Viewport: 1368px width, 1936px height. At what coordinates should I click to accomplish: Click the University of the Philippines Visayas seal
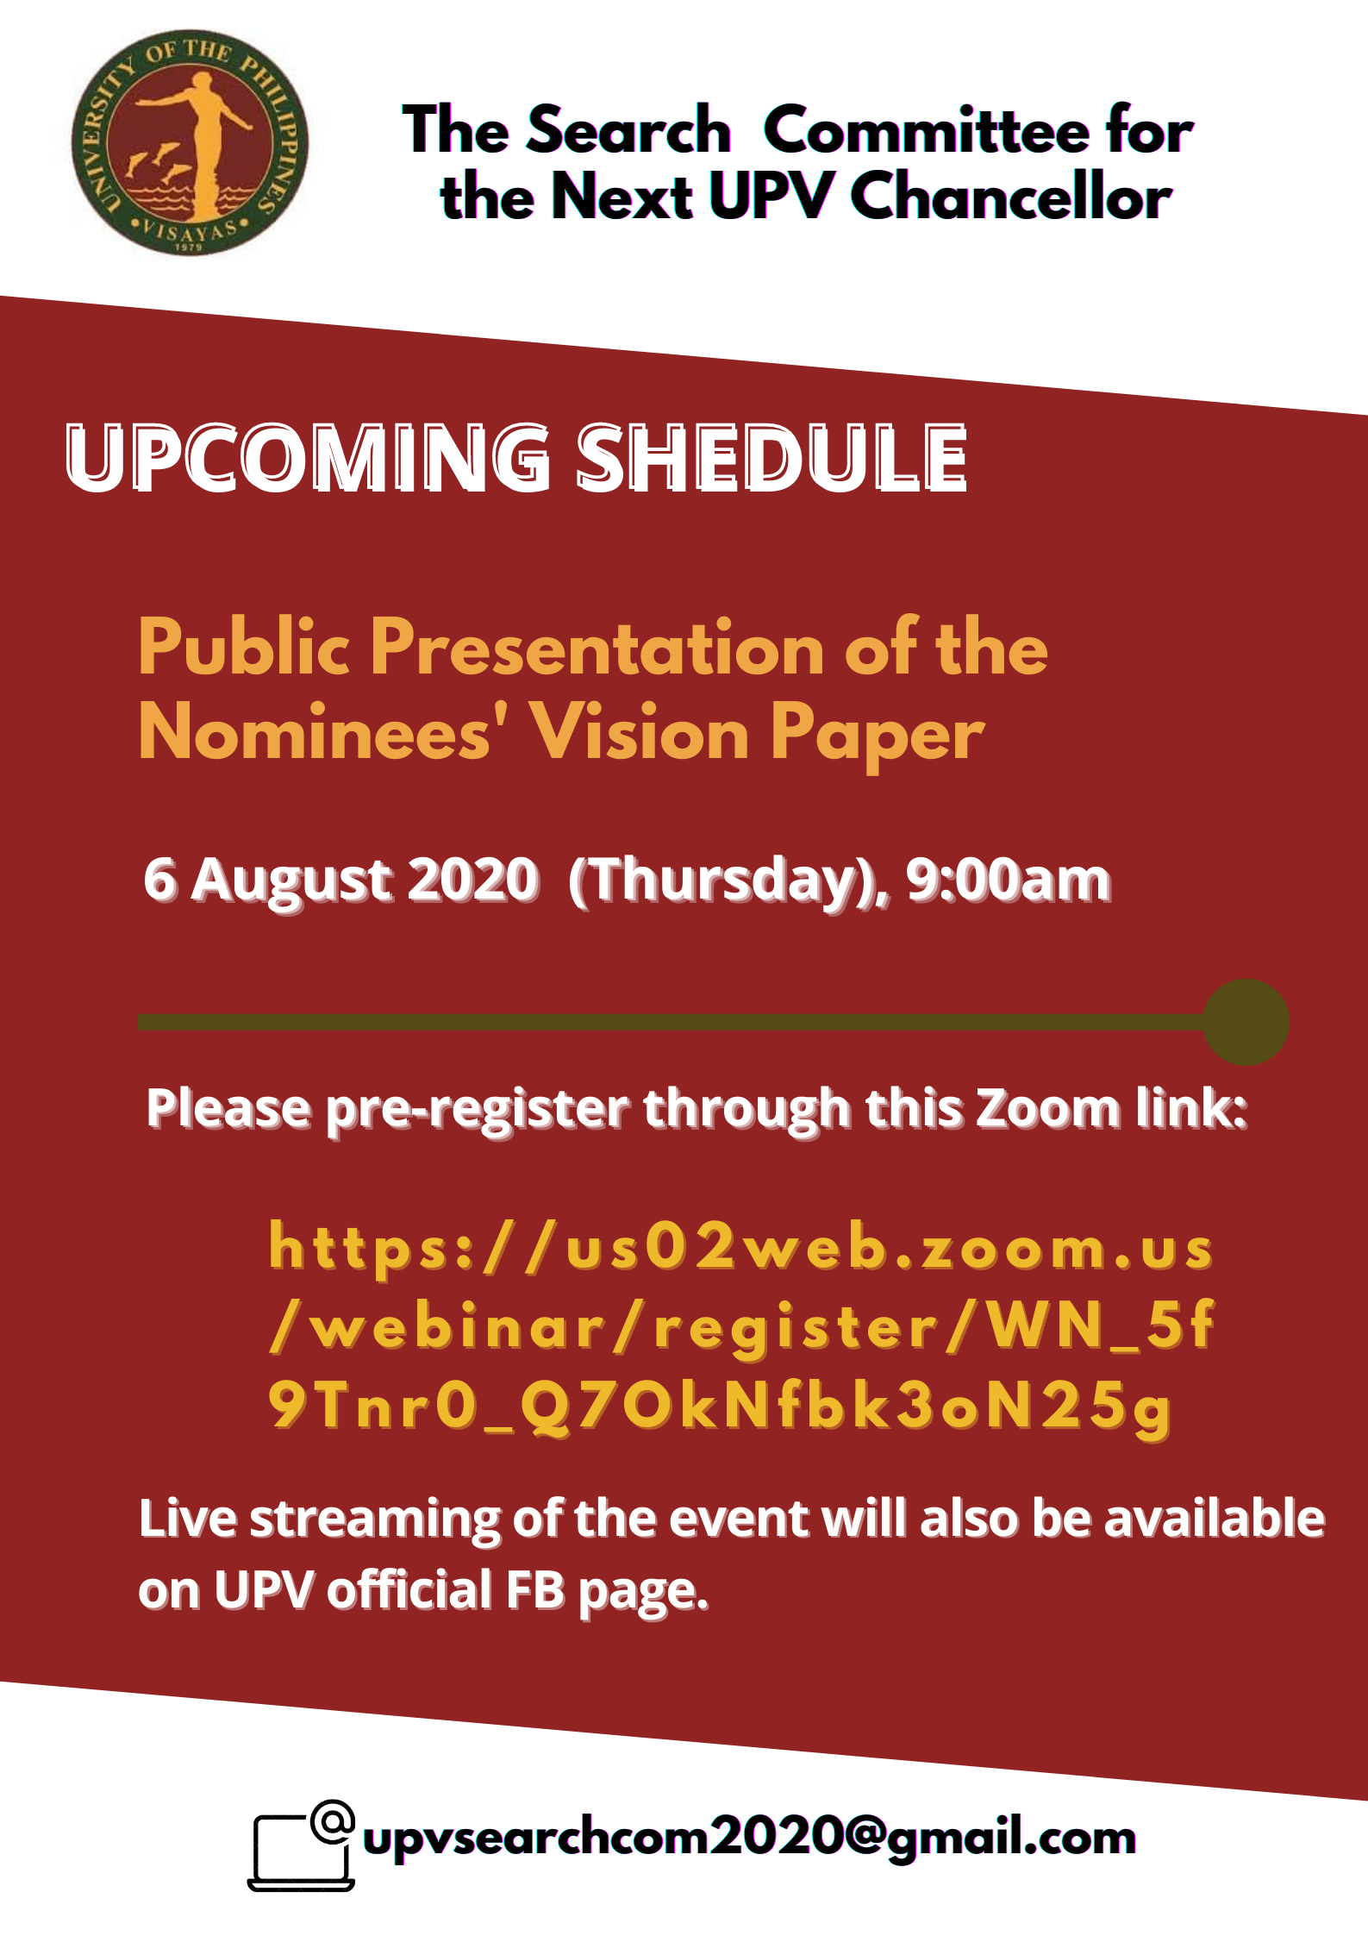click(190, 142)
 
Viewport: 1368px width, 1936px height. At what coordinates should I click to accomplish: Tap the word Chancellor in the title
click(1010, 196)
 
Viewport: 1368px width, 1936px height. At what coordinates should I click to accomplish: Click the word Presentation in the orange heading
click(597, 648)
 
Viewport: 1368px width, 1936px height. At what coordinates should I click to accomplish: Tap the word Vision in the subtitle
click(639, 733)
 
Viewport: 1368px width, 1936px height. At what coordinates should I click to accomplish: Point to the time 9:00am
click(1008, 880)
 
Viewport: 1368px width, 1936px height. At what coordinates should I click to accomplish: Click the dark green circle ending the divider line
click(1246, 1022)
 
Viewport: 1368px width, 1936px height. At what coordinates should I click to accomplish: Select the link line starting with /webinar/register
click(740, 1326)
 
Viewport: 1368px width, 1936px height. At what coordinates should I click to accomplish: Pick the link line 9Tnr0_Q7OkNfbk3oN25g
click(720, 1407)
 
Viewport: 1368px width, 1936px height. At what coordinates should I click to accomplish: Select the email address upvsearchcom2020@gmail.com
click(749, 1838)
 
